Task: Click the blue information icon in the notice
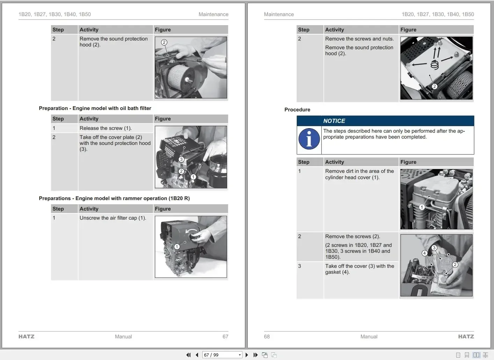[x=309, y=139]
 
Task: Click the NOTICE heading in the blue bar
[x=334, y=121]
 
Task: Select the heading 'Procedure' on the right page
[x=297, y=110]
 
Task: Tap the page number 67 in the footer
[x=225, y=337]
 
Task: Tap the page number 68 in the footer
[x=267, y=337]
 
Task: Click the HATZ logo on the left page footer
[x=27, y=337]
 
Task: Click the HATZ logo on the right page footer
[x=466, y=337]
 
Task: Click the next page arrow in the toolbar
[x=247, y=355]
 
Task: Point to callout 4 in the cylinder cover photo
[x=424, y=253]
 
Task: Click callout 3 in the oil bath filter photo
[x=181, y=159]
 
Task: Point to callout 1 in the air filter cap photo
[x=177, y=247]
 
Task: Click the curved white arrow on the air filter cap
[x=191, y=231]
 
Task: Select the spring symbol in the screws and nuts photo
[x=434, y=65]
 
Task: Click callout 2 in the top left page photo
[x=164, y=42]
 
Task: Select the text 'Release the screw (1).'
[x=106, y=128]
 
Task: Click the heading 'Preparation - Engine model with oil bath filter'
[x=95, y=108]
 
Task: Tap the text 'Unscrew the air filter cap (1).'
[x=113, y=218]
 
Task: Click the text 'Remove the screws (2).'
[x=353, y=236]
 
